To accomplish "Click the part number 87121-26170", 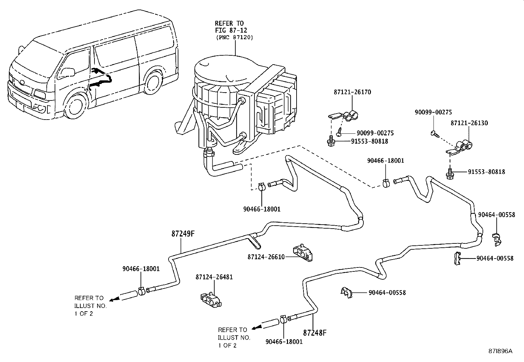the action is point(352,92).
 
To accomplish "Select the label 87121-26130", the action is point(469,123).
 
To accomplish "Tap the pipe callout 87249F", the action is point(183,234).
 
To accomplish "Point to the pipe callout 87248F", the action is point(315,333).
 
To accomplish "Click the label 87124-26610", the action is point(266,257).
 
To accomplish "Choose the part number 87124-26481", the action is point(214,277).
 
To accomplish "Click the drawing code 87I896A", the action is point(500,351).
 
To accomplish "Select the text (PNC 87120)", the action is point(234,38).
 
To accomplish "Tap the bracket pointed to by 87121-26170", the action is point(343,116).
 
